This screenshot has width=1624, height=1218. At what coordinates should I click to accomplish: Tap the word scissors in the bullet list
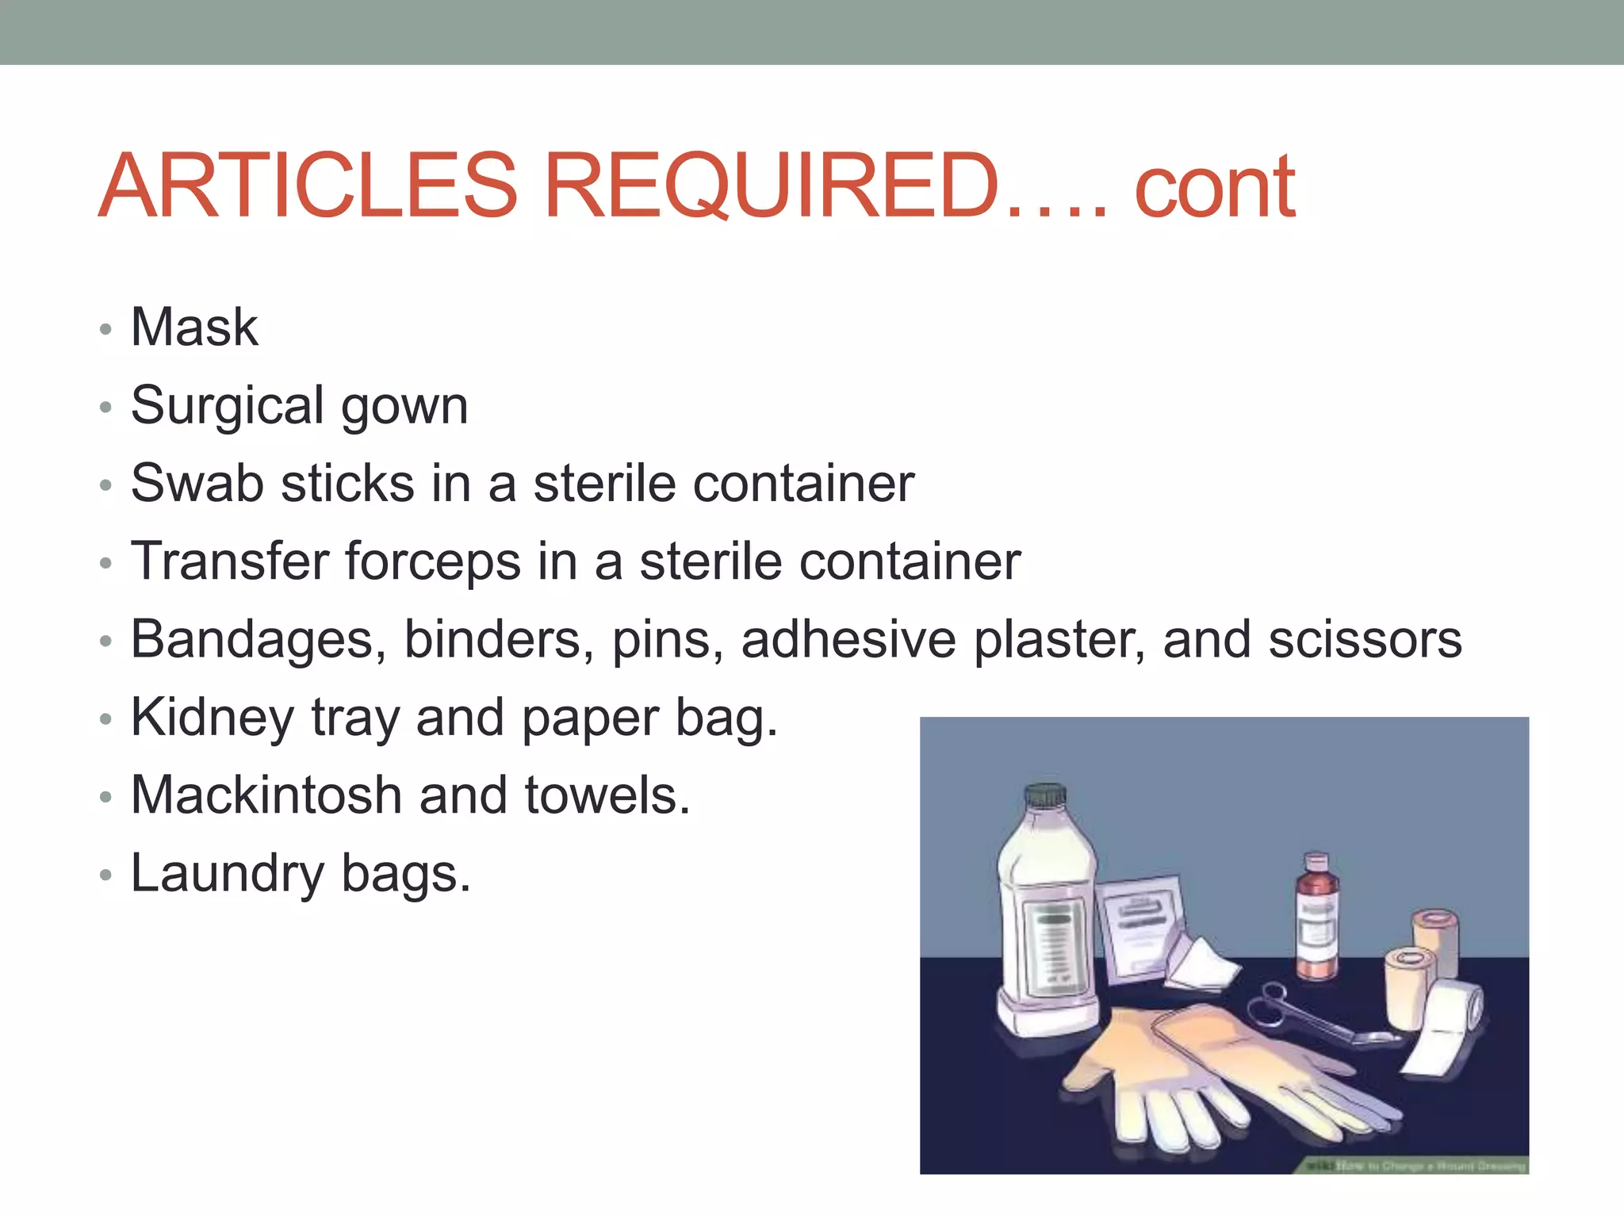pyautogui.click(x=1365, y=639)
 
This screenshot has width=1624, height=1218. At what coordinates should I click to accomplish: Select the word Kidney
pyautogui.click(x=213, y=718)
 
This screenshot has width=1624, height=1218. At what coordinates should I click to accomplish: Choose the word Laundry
pyautogui.click(x=228, y=874)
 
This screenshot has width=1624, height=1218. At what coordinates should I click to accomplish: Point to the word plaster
pyautogui.click(x=1059, y=639)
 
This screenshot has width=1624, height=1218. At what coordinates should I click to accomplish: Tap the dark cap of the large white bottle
pyautogui.click(x=1044, y=795)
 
